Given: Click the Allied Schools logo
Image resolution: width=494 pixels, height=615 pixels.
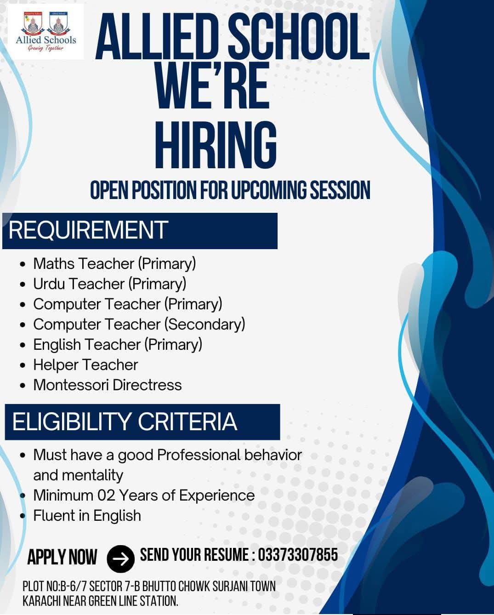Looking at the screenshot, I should pos(46,32).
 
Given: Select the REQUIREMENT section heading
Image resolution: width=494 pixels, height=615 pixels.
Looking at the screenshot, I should pos(88,230).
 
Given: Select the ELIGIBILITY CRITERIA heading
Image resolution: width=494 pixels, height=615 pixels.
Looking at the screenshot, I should pos(125,421).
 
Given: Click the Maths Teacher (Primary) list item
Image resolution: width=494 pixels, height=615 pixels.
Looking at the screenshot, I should pos(114,264).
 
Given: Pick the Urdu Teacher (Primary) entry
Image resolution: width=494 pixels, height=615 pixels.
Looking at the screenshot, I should pos(109,284).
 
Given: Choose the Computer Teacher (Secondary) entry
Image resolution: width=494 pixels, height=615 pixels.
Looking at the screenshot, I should pos(139,325).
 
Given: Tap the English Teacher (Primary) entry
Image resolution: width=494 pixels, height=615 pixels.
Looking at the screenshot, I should pos(117,345).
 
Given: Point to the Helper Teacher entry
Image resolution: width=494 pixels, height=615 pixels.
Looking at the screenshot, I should pos(85,365).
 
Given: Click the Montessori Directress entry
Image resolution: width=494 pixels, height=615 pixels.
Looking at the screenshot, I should pos(107,385).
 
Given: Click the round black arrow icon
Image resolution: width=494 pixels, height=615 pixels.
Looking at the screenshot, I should pos(120,558).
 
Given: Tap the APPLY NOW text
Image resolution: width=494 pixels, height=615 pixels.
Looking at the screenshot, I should pos(62,558).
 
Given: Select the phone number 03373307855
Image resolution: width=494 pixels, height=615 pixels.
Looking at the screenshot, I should pos(298,555).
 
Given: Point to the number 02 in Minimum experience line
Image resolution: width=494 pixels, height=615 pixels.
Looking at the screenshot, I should pos(106,495).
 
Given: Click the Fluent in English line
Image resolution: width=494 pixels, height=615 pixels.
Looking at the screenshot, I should pos(87,516).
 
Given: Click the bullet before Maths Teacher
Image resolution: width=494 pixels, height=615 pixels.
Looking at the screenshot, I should pos(23,265).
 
